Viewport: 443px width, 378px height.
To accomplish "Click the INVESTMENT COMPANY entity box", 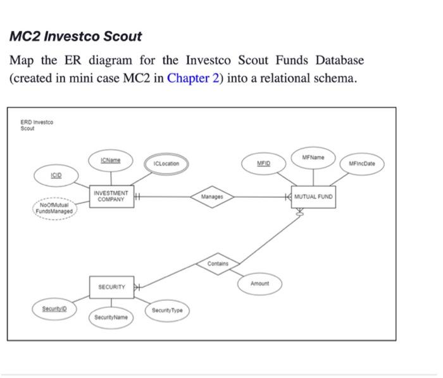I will click(111, 197).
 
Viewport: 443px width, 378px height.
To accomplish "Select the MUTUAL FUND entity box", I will click(313, 197).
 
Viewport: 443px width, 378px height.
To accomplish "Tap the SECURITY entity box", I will click(111, 287).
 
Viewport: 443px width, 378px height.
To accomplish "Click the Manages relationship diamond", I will click(212, 197).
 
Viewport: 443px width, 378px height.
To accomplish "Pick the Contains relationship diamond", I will click(218, 264).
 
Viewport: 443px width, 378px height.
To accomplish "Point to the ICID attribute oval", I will click(56, 174).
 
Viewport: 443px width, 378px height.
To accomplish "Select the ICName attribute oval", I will click(110, 161).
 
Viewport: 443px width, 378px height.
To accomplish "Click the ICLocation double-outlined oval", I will click(166, 164).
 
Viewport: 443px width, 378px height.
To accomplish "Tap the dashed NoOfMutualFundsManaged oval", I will click(56, 208).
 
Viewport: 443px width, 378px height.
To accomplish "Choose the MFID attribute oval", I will click(263, 163).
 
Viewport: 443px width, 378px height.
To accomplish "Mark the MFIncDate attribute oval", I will click(362, 164).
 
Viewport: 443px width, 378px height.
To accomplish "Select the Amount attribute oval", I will click(259, 284).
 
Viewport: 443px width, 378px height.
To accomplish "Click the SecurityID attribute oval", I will click(54, 308).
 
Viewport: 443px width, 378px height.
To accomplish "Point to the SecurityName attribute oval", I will click(111, 317).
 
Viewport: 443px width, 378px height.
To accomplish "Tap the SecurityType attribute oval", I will click(167, 310).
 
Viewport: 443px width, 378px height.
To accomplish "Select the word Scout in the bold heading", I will click(120, 37).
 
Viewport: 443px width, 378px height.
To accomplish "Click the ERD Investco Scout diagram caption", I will click(37, 125).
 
